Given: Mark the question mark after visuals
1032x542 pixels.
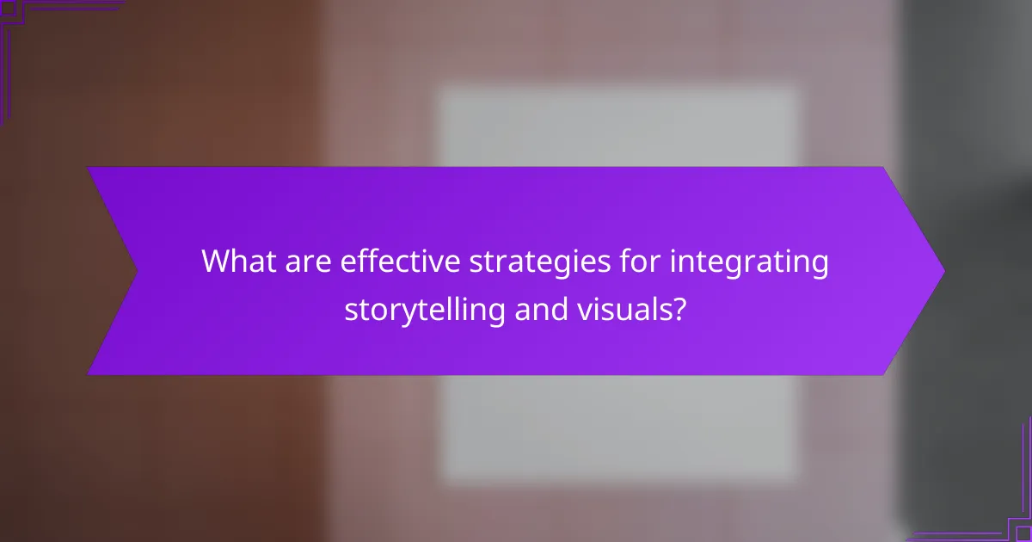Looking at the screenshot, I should tap(679, 308).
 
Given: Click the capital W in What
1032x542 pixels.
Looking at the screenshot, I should tap(216, 262).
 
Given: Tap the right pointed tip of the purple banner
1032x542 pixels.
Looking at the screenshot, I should tap(943, 270).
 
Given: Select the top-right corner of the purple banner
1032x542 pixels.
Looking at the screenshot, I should tap(883, 168).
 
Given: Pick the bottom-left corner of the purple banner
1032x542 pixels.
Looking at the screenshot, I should tap(89, 374).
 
